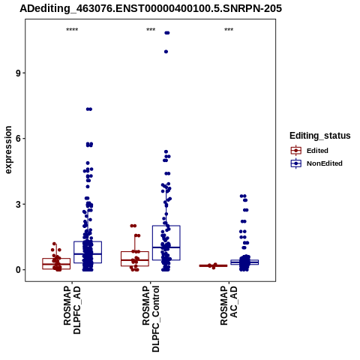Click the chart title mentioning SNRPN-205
(x=151, y=8)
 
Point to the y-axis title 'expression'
(x=8, y=150)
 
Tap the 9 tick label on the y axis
(x=18, y=73)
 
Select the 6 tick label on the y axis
(x=18, y=139)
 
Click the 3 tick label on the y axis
(x=18, y=204)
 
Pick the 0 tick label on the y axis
(x=18, y=270)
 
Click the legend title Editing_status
(x=320, y=136)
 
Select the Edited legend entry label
(x=317, y=151)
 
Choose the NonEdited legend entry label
(x=325, y=163)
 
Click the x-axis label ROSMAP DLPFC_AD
(x=72, y=310)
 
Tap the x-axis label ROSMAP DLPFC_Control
(x=151, y=319)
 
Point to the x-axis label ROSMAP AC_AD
(x=229, y=305)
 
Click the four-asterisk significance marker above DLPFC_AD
(x=72, y=30)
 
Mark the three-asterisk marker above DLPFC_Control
(x=151, y=30)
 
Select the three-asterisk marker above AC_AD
(x=229, y=30)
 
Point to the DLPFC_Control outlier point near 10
(x=166, y=52)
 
